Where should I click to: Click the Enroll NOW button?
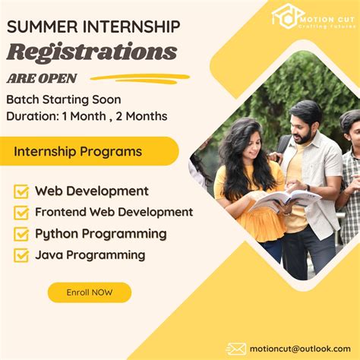coord(89,292)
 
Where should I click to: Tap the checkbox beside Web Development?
coord(21,191)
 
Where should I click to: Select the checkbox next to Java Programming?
coord(21,255)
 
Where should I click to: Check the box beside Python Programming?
coord(21,234)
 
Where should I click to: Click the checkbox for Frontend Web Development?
coord(21,213)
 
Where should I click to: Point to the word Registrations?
coord(91,52)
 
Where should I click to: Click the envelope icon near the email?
coord(236,349)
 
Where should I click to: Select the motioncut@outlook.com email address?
coord(300,349)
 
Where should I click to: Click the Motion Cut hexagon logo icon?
coord(288,15)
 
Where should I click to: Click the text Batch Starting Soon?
coord(64,99)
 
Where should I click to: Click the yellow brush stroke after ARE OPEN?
coord(140,77)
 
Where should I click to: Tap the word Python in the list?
coord(55,234)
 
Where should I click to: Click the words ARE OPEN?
coord(42,77)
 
